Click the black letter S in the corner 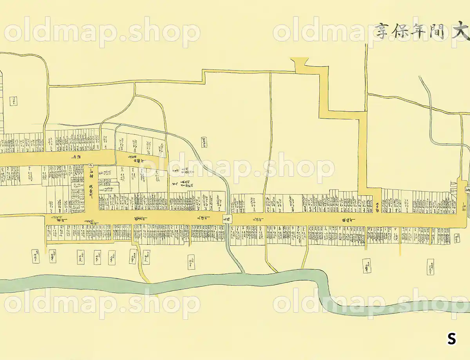[x=452, y=338]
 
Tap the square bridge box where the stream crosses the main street [x=227, y=219]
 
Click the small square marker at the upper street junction [x=91, y=165]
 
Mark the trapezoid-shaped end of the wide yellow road [x=300, y=61]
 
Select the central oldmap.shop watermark [x=237, y=168]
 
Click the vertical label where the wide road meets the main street [x=377, y=206]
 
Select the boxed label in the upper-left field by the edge [x=15, y=101]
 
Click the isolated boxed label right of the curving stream [x=204, y=141]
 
